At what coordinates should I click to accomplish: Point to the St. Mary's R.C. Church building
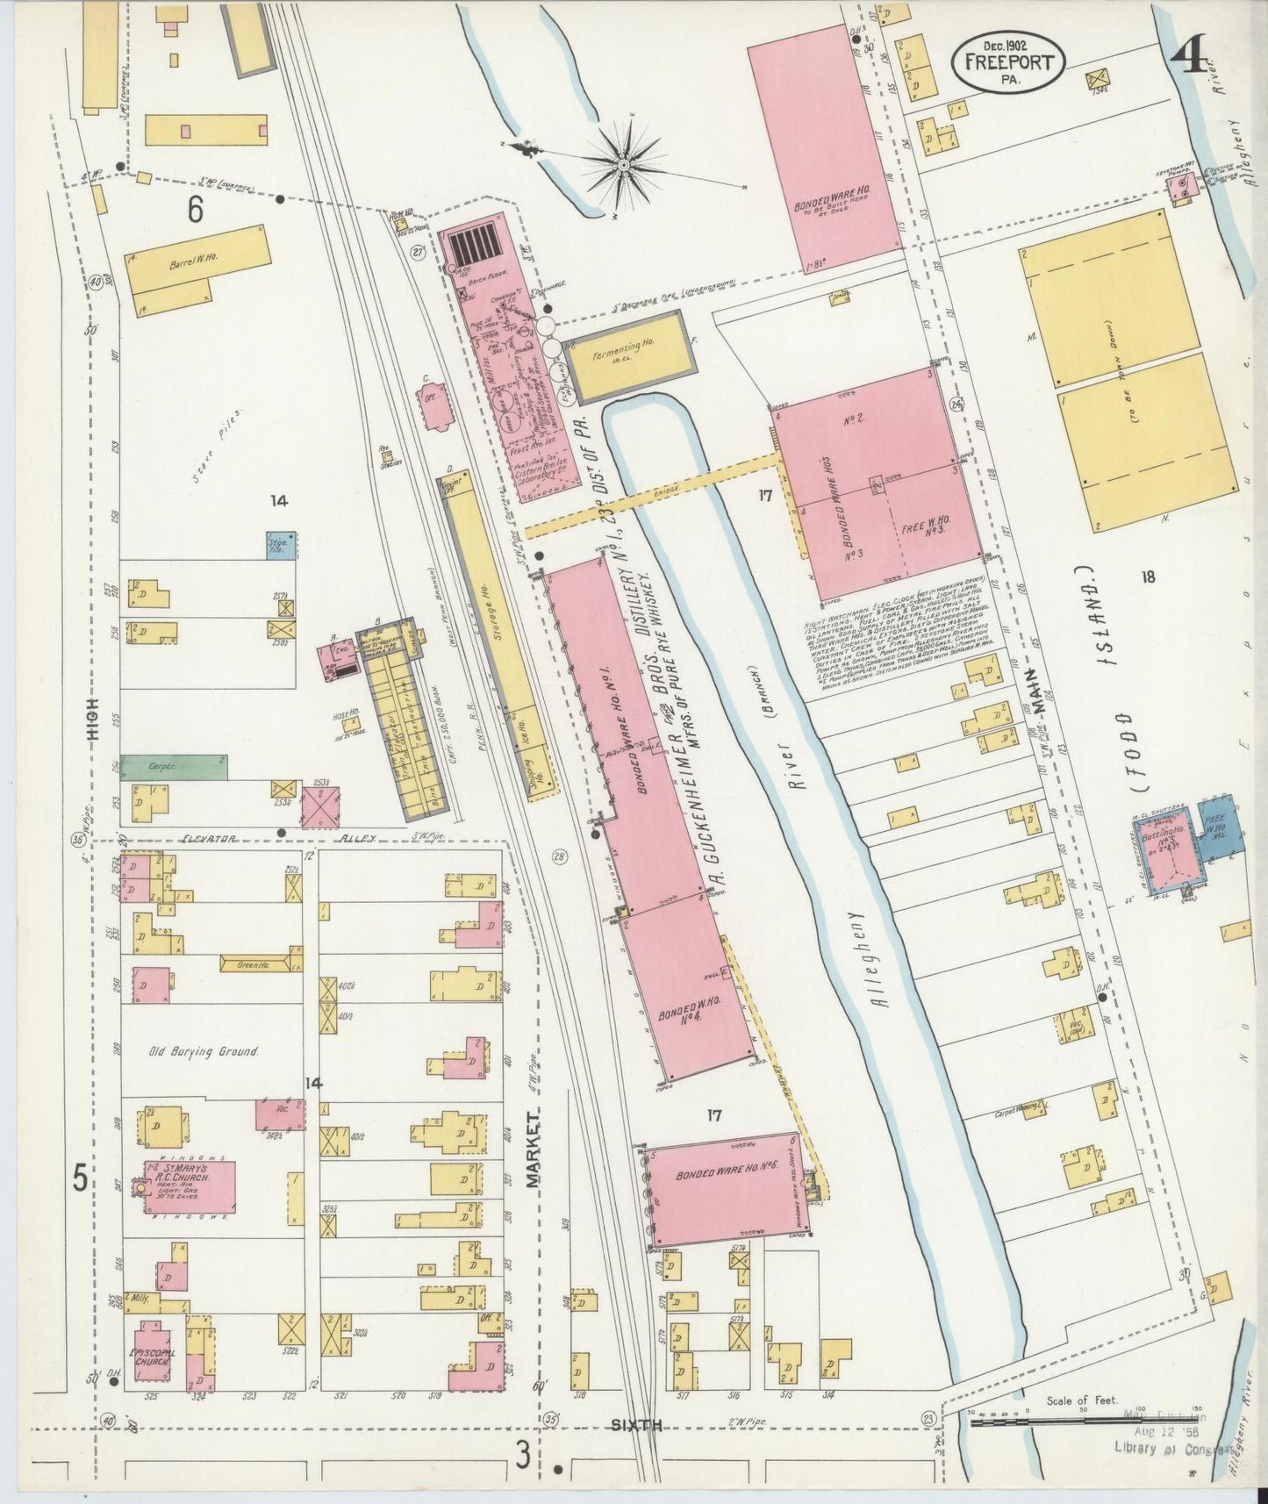(190, 1186)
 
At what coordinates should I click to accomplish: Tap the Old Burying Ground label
(203, 1051)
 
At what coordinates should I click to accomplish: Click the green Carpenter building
(174, 767)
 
